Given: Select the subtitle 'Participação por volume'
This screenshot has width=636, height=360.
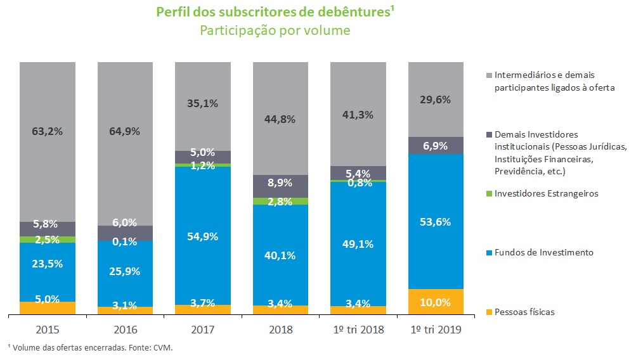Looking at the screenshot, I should point(275,30).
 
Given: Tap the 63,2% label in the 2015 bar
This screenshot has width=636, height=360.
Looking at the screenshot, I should point(48,132).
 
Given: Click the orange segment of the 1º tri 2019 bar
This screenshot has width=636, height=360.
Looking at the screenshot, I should point(436,302).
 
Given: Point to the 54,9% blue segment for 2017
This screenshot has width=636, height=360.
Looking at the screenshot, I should point(203,236).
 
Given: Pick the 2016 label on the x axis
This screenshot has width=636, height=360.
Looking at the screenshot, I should point(125,330).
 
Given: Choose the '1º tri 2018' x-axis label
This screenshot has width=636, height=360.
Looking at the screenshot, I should point(358,330).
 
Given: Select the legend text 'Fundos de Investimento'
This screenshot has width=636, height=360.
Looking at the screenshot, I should point(544,253).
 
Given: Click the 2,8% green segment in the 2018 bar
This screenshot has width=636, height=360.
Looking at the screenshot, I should point(280,201).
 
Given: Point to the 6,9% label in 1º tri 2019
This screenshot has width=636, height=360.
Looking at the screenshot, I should point(436,146).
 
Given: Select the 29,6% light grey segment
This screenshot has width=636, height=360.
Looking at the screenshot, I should point(436,100).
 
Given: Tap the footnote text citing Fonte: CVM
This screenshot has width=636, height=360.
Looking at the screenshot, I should point(89,347).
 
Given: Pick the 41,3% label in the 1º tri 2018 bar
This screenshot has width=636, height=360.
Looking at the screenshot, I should point(358,115).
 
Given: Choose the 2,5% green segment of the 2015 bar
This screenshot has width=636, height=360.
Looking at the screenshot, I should point(48,240).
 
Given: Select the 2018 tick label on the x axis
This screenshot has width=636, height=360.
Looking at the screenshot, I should point(280,330).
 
